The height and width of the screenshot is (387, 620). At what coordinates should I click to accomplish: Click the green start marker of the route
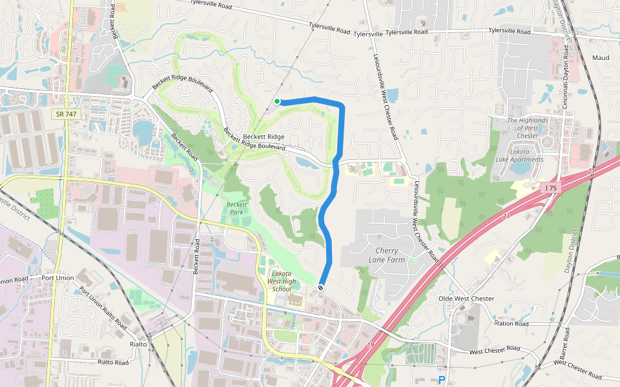[277, 101]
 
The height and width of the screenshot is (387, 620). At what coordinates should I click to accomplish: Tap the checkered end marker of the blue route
[321, 286]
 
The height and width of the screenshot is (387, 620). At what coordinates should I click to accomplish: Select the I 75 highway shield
[550, 188]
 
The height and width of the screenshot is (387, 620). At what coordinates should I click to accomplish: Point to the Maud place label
[600, 58]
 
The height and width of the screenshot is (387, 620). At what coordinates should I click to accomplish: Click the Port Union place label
[57, 278]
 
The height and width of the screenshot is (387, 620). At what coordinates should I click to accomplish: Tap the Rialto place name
[138, 344]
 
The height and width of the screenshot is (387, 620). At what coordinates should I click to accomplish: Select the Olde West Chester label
[466, 299]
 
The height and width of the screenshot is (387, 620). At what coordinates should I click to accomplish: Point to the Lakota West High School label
[282, 281]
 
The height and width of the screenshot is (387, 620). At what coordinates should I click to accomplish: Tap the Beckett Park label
[237, 209]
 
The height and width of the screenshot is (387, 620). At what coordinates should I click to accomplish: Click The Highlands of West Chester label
[527, 128]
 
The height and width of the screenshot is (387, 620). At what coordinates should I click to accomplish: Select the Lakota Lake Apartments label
[527, 155]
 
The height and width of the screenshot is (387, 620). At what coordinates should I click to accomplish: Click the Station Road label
[511, 323]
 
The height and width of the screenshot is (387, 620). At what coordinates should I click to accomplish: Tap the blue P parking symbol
[442, 381]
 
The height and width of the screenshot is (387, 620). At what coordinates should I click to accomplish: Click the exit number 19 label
[371, 346]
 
